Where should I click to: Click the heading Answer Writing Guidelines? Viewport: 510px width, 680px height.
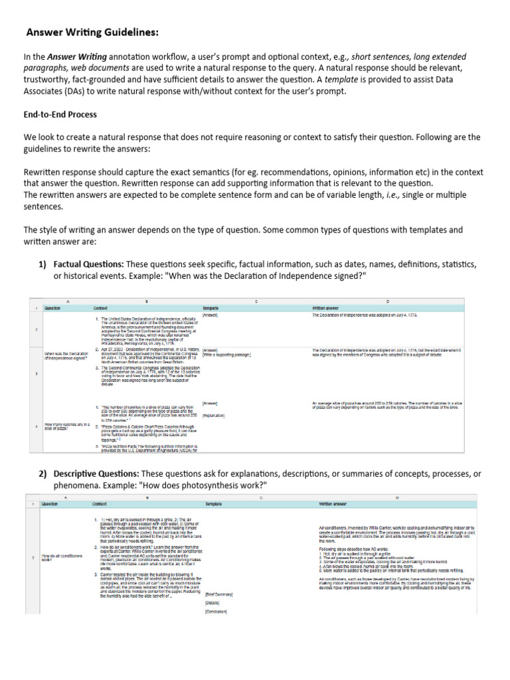[92, 32]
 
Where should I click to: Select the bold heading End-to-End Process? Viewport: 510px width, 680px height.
[60, 114]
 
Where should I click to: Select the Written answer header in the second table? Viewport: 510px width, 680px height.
[336, 505]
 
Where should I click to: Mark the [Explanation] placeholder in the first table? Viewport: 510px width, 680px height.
[214, 416]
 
